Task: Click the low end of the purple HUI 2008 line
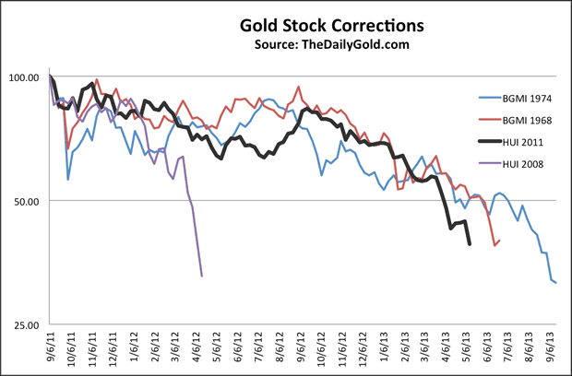click(202, 276)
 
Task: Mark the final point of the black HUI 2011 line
click(471, 244)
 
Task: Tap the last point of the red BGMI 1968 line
click(499, 241)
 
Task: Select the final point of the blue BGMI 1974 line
click(556, 283)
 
